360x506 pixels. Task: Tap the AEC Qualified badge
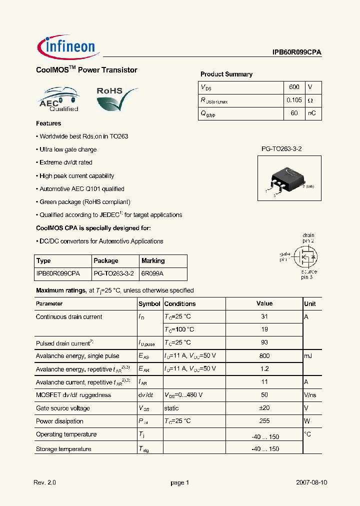click(58, 99)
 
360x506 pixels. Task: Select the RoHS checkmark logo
click(116, 99)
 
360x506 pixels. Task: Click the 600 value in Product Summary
click(294, 87)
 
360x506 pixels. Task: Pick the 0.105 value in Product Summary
click(294, 100)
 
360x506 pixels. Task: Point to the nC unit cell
click(311, 113)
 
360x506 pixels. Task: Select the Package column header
click(106, 260)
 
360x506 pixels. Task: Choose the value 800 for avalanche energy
click(264, 356)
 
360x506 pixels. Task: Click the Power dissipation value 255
click(264, 421)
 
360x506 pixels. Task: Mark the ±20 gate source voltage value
click(264, 408)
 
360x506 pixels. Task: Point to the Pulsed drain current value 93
click(264, 342)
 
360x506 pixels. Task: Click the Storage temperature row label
click(63, 449)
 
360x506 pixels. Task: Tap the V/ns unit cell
click(310, 395)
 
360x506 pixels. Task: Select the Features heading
click(48, 123)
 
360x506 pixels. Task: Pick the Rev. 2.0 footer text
click(45, 483)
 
